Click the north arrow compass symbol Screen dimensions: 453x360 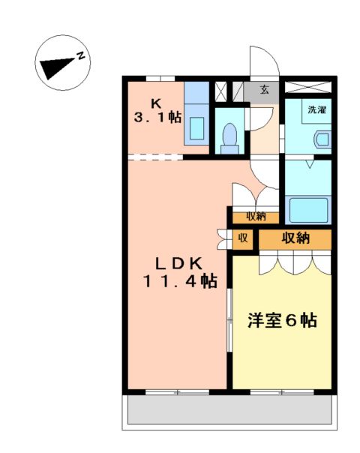pyautogui.click(x=63, y=63)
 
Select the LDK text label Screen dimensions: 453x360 pyautogui.click(x=179, y=263)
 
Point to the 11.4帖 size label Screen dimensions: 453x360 pyautogui.click(x=180, y=281)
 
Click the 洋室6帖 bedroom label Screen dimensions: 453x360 pyautogui.click(x=281, y=320)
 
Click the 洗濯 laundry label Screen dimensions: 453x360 pyautogui.click(x=317, y=109)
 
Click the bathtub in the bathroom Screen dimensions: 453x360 pyautogui.click(x=307, y=209)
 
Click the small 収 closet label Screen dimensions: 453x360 pyautogui.click(x=242, y=240)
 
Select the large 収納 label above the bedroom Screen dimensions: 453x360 pyautogui.click(x=295, y=238)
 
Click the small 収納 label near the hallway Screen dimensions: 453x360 pyautogui.click(x=256, y=216)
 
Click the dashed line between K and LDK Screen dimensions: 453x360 pyautogui.click(x=155, y=157)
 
